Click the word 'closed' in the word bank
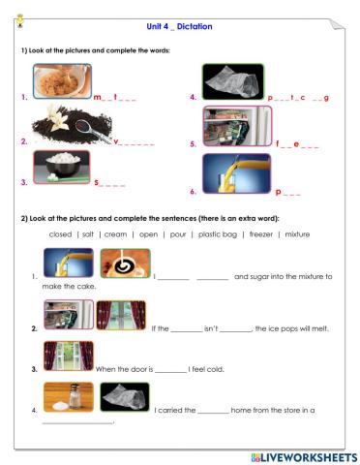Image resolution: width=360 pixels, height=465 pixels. pyautogui.click(x=60, y=233)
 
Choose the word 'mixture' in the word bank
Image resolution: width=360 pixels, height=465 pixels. pyautogui.click(x=296, y=233)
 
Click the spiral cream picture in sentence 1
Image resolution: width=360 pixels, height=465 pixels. pyautogui.click(x=125, y=264)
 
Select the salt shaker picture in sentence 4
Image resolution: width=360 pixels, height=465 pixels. pyautogui.click(x=69, y=397)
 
